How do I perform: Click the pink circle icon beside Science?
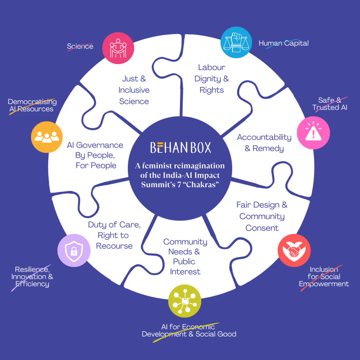118,48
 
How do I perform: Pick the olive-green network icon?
184,301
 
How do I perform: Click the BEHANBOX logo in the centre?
180,147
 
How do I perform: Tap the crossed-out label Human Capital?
283,44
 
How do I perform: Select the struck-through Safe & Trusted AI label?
330,104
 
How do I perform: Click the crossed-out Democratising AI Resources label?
32,105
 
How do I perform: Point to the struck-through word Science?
80,46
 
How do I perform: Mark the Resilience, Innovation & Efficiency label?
32,277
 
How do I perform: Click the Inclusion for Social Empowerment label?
324,277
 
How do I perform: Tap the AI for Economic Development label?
189,330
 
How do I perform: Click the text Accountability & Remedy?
264,143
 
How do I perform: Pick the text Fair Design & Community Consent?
262,216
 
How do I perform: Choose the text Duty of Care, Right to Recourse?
114,235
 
